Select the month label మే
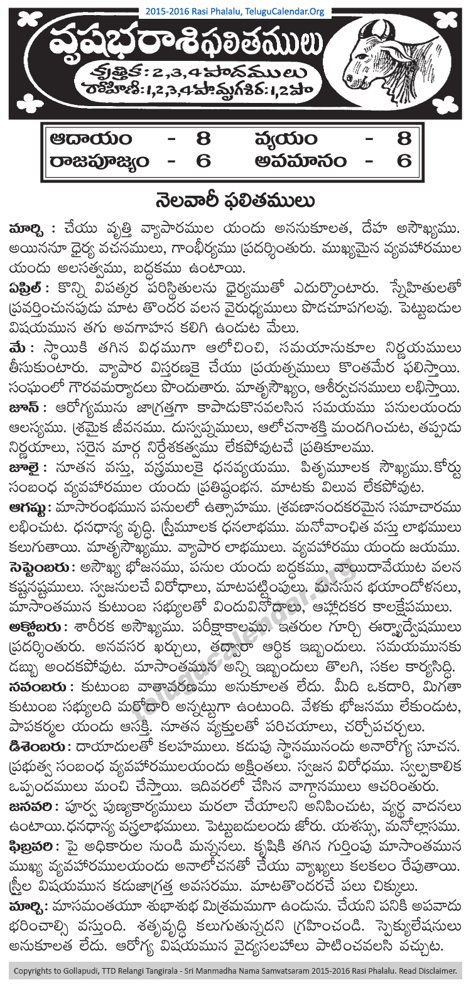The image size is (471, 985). click(20, 348)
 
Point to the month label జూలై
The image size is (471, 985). click(28, 467)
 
